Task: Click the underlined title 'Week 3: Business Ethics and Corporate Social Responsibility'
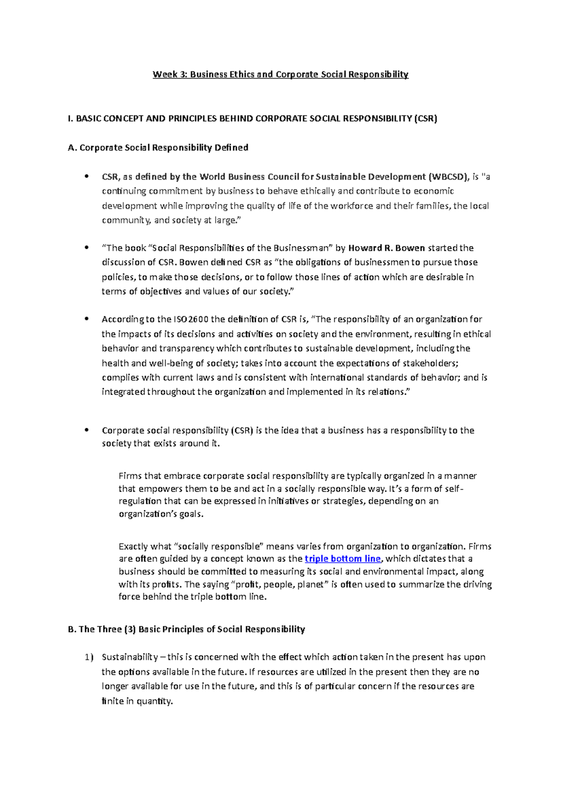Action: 280,74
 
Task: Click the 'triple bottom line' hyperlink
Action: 342,559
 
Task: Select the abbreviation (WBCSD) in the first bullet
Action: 448,177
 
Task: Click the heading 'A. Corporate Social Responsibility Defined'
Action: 158,148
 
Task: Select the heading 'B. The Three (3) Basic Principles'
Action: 186,629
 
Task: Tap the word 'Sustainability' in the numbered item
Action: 129,657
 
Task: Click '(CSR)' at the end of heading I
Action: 425,119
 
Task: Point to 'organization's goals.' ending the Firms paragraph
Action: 161,514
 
